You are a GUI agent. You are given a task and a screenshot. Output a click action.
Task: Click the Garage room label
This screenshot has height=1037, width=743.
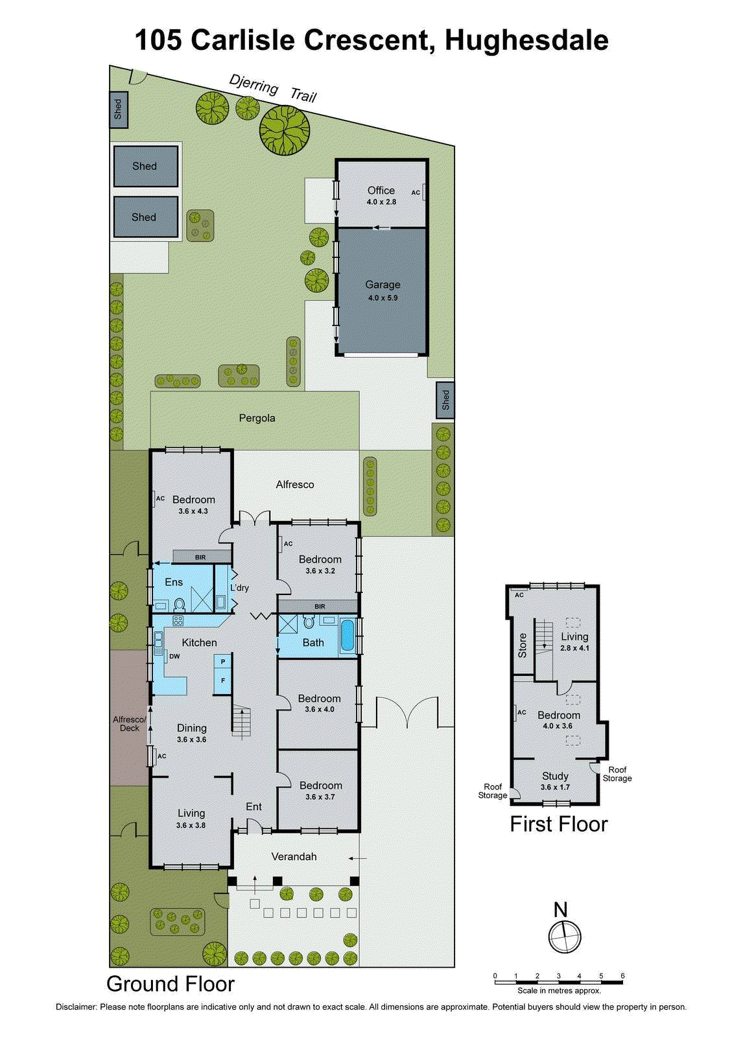(x=383, y=285)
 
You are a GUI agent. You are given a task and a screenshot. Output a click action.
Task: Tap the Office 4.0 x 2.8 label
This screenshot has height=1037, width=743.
(x=381, y=195)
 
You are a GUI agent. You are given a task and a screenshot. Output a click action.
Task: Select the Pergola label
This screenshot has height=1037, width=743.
(x=257, y=418)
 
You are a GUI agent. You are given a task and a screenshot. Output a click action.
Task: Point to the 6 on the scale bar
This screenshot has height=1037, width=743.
(x=622, y=975)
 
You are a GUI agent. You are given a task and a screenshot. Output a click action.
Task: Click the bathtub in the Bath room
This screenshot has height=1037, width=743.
(x=348, y=635)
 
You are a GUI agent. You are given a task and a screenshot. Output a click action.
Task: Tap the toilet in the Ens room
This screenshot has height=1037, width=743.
(x=180, y=605)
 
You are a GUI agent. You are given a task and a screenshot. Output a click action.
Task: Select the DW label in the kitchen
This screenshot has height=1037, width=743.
(x=174, y=656)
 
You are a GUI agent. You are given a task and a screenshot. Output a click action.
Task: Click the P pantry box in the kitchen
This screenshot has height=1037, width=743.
(x=223, y=662)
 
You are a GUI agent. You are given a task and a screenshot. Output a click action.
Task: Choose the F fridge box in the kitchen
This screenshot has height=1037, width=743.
(x=223, y=681)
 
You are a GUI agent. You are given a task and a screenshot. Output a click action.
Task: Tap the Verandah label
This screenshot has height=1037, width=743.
(x=294, y=856)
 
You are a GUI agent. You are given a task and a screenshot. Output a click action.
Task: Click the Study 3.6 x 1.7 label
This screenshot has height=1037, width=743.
(x=555, y=781)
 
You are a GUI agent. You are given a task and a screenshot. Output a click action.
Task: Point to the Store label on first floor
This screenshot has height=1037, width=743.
(x=523, y=646)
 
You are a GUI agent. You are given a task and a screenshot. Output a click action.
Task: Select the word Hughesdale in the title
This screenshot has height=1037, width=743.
(x=526, y=40)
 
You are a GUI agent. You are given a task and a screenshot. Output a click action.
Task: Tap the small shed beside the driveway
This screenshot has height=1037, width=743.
(x=445, y=401)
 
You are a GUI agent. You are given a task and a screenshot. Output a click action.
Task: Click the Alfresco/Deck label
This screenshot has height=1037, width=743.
(x=130, y=723)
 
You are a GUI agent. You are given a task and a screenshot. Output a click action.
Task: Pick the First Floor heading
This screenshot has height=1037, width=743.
(x=559, y=824)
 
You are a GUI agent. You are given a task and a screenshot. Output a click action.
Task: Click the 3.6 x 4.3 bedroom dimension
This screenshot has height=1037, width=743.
(x=193, y=511)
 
